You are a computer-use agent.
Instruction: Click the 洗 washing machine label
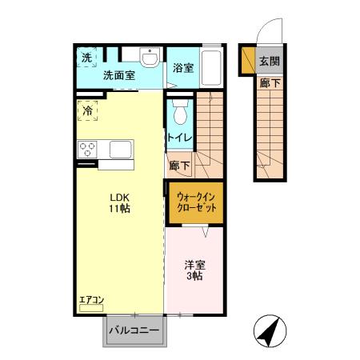coord(86,57)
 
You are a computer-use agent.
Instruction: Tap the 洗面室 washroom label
coord(118,75)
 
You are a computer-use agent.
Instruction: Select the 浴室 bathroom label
coord(183,68)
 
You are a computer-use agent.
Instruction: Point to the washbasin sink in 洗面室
coord(149,57)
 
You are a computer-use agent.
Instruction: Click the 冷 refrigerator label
coord(86,110)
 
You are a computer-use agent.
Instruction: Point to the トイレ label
coord(178,138)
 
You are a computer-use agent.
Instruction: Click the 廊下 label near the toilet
coord(180,166)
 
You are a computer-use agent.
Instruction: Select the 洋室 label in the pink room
coord(195,265)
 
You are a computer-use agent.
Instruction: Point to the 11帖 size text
coord(121,209)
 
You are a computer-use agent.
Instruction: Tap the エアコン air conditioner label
coord(92,300)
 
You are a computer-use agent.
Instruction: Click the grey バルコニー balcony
coord(134,329)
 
